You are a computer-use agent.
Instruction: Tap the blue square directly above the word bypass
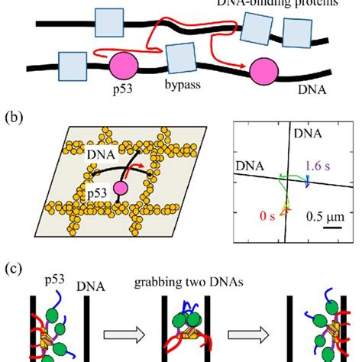coord(180,58)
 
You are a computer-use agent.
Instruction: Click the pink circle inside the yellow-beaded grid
coord(120,188)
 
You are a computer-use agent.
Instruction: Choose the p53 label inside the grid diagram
coord(95,194)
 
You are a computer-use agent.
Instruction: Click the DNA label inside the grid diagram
coord(99,156)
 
